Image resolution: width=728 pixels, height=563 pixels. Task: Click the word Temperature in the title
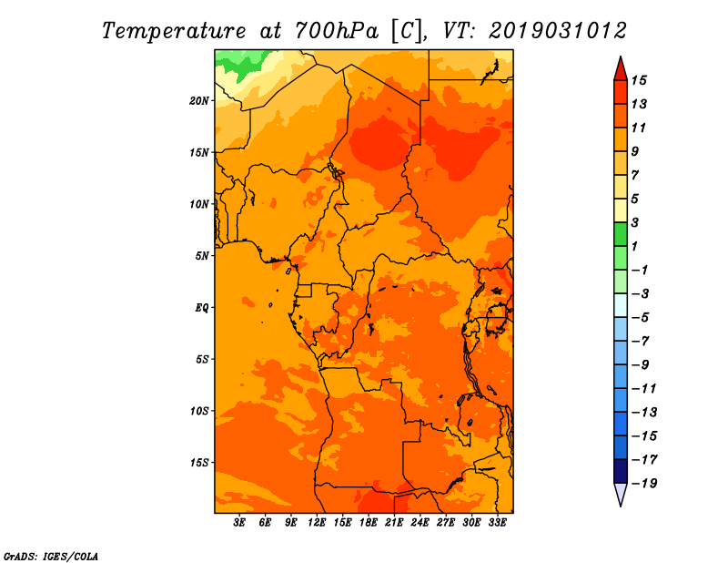174,32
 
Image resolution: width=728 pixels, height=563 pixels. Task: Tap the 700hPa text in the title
336,31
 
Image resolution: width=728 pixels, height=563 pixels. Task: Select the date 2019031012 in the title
558,31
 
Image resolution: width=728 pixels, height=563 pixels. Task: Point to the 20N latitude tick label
198,101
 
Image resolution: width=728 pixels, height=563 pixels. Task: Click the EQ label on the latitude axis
201,308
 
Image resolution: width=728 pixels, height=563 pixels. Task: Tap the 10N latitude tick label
198,204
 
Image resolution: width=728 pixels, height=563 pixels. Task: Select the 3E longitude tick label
239,523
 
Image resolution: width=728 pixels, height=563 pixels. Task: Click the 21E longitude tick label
394,523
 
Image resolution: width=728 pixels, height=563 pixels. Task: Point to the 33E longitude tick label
497,523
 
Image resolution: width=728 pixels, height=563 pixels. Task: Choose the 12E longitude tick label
316,523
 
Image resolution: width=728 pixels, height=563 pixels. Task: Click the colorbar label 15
639,80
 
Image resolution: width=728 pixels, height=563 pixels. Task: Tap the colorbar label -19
644,484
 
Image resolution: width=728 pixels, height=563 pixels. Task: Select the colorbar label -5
641,318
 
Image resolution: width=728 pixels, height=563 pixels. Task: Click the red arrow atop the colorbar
621,69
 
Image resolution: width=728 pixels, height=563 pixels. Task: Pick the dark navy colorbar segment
621,471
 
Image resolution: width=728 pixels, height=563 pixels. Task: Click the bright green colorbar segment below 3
621,234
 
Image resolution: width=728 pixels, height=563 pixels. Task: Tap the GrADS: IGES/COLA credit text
51,557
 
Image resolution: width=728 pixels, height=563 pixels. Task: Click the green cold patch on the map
240,63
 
